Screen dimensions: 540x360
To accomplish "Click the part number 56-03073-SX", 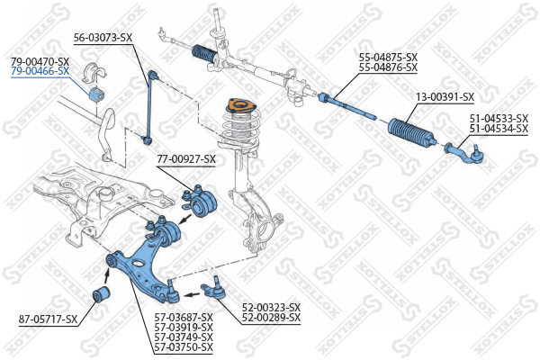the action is click(x=103, y=38).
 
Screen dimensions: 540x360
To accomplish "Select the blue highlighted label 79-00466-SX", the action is click(x=40, y=71).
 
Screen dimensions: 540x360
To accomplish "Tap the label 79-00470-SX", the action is click(x=40, y=62).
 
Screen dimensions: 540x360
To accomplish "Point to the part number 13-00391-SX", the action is click(x=445, y=97).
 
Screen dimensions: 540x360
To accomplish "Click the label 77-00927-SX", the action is click(x=186, y=159).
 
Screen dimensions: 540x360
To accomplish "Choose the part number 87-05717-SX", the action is click(x=48, y=319).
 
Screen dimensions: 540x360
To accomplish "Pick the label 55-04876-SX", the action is click(x=388, y=67).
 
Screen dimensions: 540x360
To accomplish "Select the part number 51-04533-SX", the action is click(x=499, y=119).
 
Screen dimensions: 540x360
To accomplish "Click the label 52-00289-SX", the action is click(x=271, y=318).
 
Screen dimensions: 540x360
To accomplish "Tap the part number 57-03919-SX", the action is click(x=184, y=327).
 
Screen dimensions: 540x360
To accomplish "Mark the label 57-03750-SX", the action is click(x=184, y=346).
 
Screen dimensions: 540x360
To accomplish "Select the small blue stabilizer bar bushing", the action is click(x=96, y=94).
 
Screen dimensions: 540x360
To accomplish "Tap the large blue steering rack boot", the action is click(x=412, y=132).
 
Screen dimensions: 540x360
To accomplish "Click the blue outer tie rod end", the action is click(x=465, y=153).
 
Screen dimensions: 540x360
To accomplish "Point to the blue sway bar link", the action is click(x=150, y=107).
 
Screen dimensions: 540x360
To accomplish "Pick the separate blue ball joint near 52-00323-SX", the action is click(x=213, y=288).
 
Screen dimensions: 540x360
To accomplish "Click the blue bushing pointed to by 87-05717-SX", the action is click(x=101, y=294).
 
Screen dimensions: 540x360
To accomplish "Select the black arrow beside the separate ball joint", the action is click(x=192, y=294).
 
